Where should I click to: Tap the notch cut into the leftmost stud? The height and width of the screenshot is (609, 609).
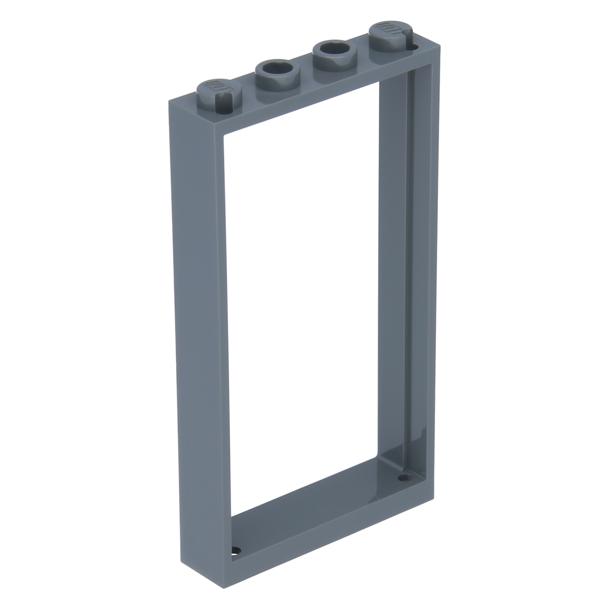(x=222, y=98)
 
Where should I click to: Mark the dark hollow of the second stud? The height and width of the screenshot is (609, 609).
(x=275, y=67)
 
